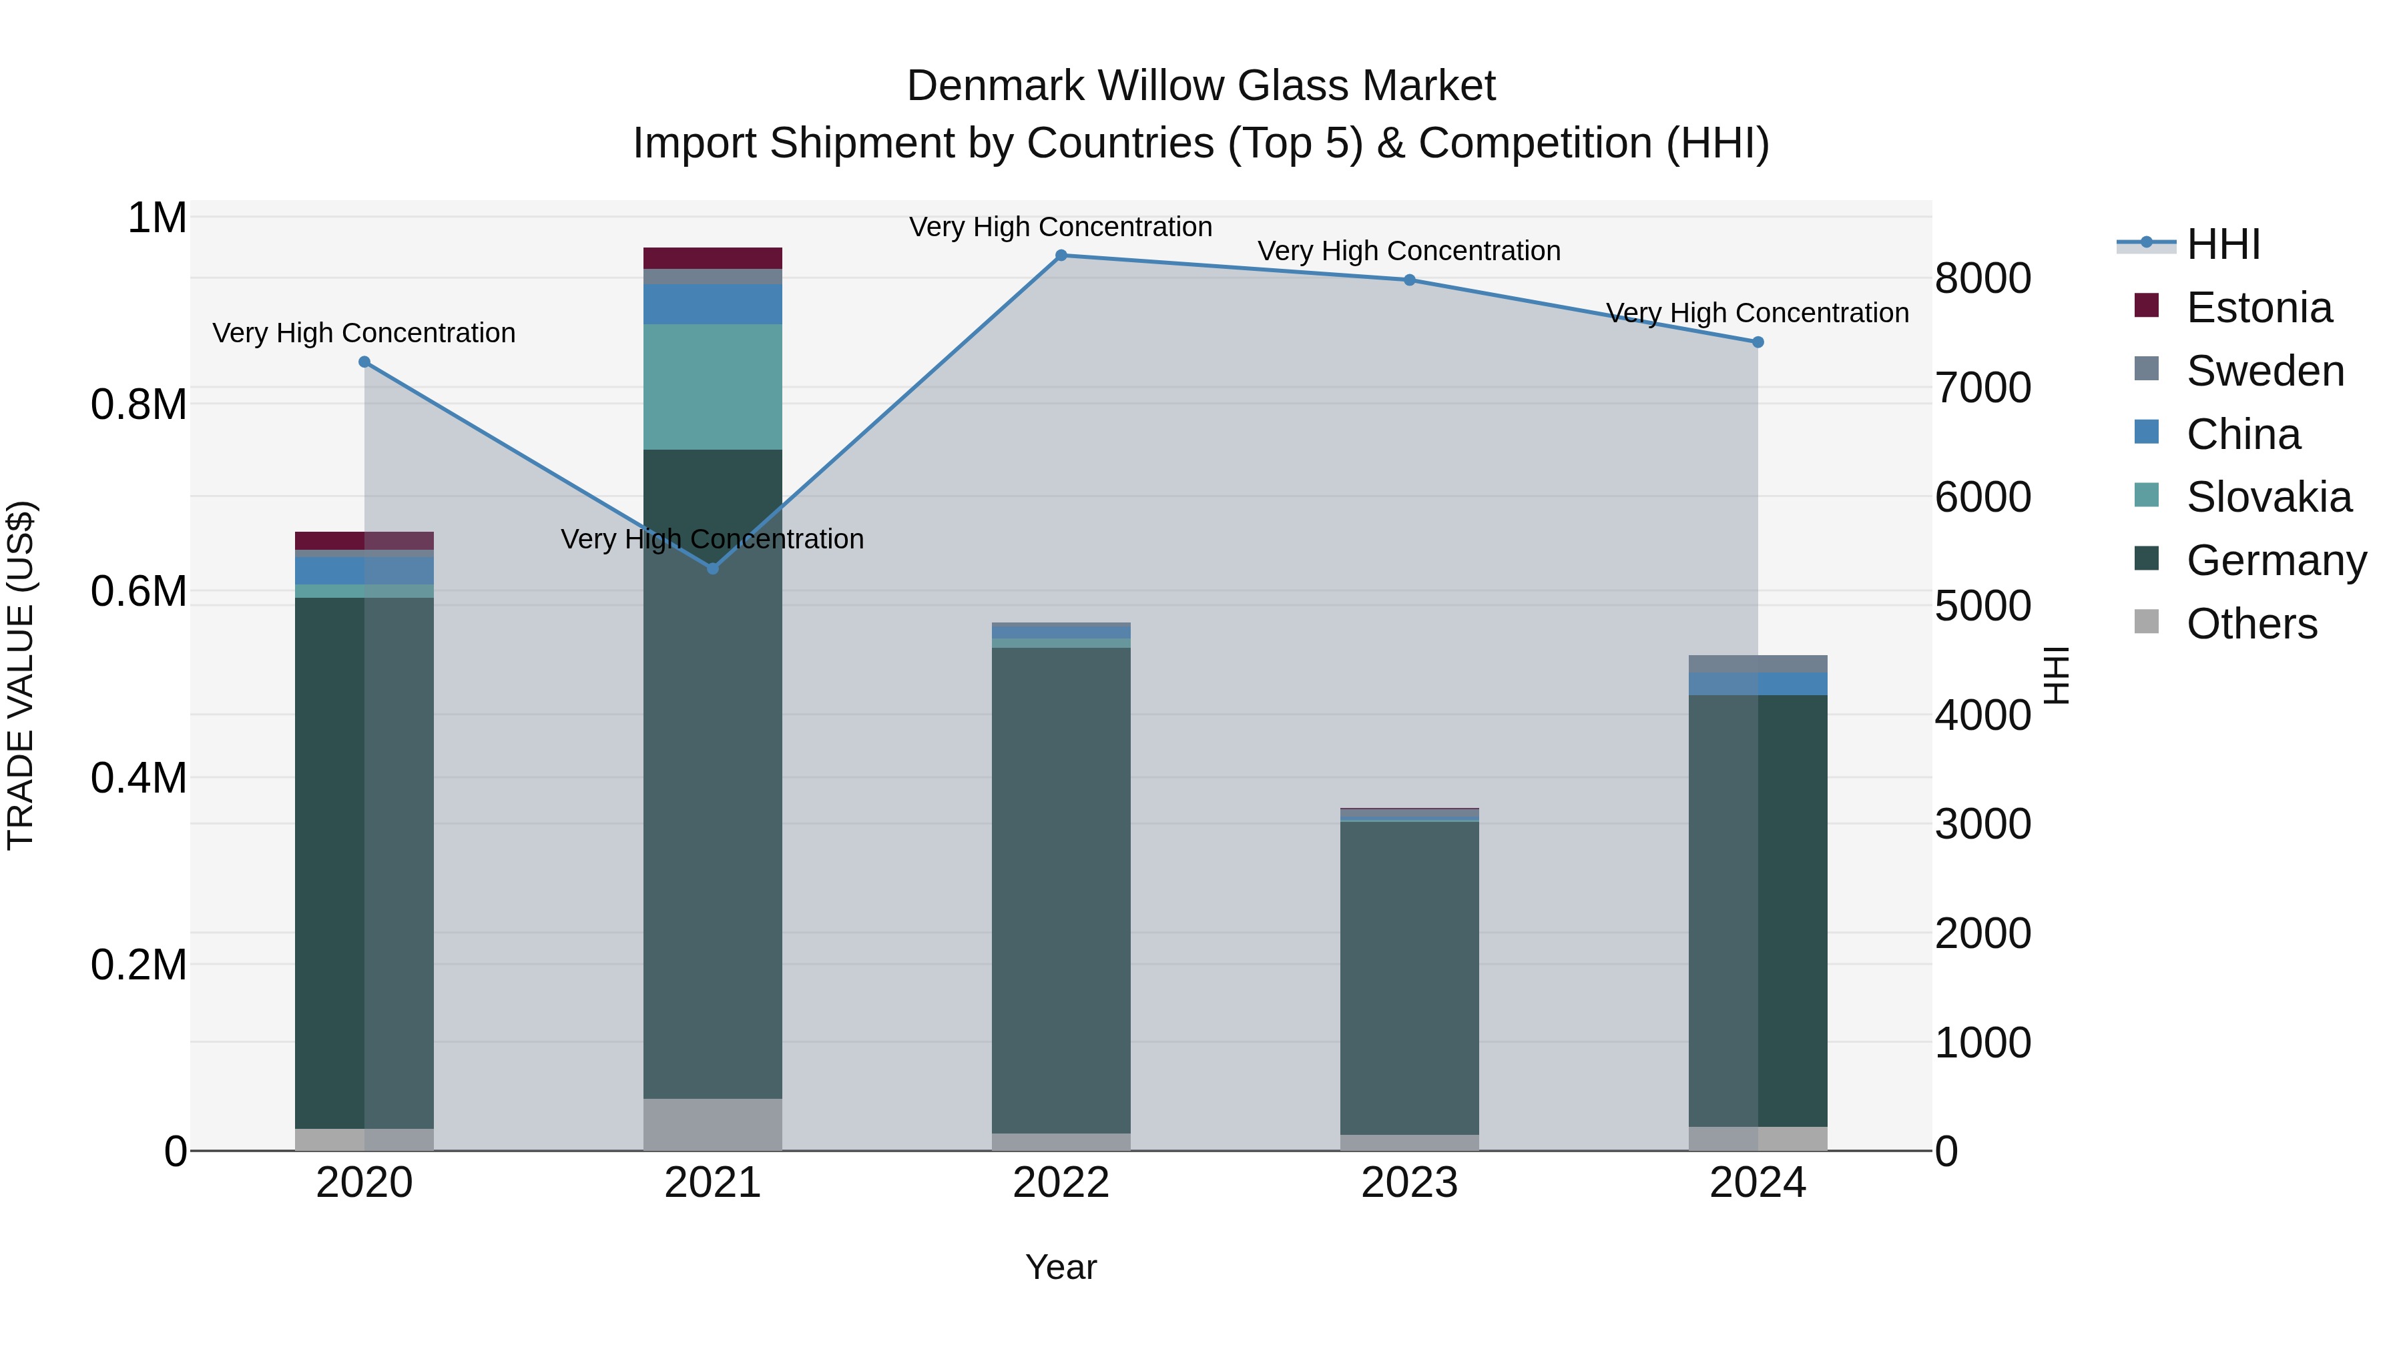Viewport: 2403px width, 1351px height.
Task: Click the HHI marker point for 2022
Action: [1061, 256]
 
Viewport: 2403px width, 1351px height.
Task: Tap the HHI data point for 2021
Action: [713, 568]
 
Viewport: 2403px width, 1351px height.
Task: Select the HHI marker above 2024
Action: [1758, 342]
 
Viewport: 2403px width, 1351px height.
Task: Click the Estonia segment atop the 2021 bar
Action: [713, 258]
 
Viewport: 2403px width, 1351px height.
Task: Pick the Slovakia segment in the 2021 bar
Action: [713, 387]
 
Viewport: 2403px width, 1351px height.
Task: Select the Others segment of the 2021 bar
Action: [713, 1123]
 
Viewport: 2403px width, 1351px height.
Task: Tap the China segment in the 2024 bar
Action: [1758, 683]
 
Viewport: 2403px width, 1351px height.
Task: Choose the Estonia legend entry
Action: [2258, 308]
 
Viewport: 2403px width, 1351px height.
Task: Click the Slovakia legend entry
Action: [2267, 497]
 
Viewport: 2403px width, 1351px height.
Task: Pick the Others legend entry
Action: [2251, 624]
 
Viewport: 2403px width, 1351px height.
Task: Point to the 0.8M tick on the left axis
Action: [139, 405]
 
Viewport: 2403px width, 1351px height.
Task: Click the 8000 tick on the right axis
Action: [1982, 278]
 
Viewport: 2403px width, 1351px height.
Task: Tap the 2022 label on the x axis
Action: [1061, 1183]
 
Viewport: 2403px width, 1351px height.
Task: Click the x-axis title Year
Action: [1061, 1267]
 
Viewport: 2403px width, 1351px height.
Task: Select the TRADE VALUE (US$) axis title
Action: [21, 675]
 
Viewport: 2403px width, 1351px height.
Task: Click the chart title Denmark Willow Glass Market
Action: [1201, 86]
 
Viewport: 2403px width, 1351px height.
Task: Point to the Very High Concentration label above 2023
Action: [1408, 251]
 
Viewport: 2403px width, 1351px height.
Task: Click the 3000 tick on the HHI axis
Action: [1982, 824]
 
